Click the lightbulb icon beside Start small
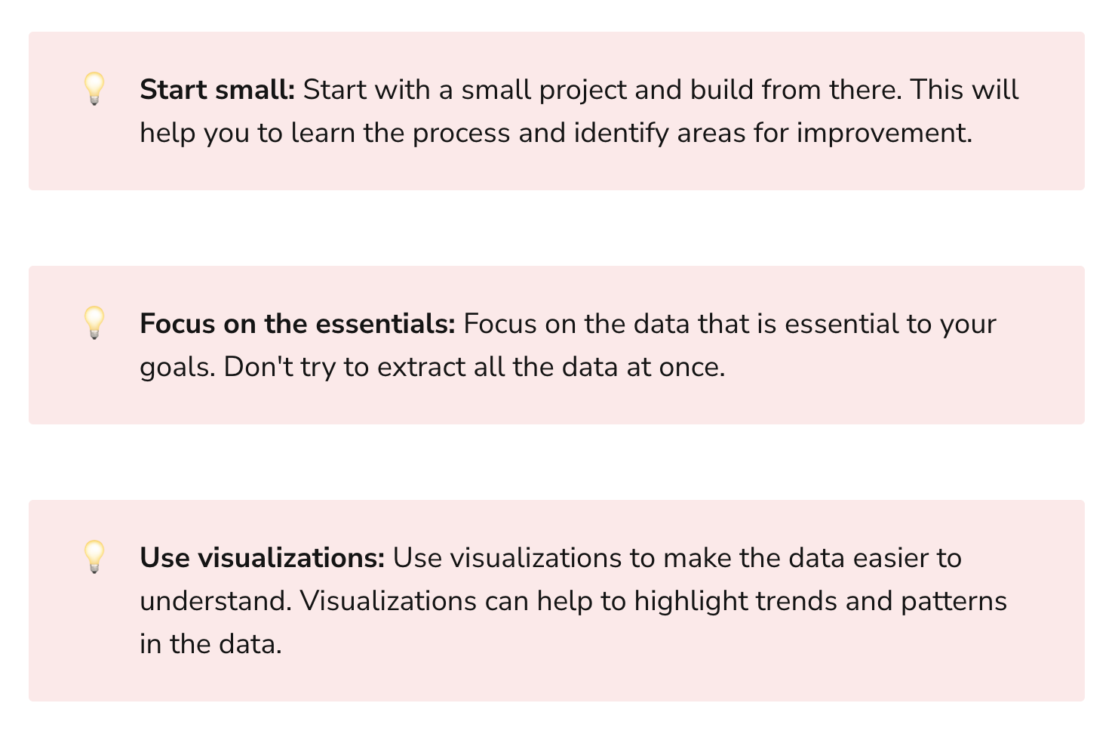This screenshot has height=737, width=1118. pyautogui.click(x=94, y=88)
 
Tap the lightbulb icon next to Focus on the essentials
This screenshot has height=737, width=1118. pyautogui.click(x=94, y=322)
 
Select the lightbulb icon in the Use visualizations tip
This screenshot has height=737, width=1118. pyautogui.click(x=94, y=557)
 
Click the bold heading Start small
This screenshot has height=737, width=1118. pyautogui.click(x=217, y=90)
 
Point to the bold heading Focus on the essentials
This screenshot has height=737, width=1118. pyautogui.click(x=297, y=324)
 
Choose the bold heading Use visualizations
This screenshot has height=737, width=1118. pyautogui.click(x=263, y=558)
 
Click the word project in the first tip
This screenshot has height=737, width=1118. pyautogui.click(x=583, y=91)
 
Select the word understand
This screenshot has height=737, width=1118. pyautogui.click(x=215, y=601)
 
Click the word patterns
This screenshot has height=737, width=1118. pyautogui.click(x=954, y=602)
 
